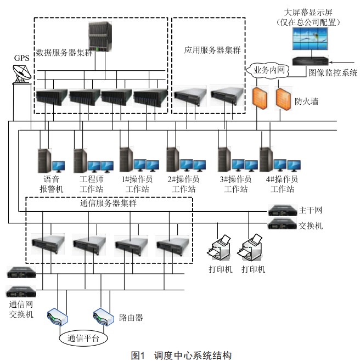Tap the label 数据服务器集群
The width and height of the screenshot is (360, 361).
click(x=61, y=53)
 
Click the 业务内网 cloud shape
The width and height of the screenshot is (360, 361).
click(x=268, y=70)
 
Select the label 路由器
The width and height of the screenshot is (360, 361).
click(x=131, y=317)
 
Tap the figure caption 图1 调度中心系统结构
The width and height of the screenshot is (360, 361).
click(x=178, y=354)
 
